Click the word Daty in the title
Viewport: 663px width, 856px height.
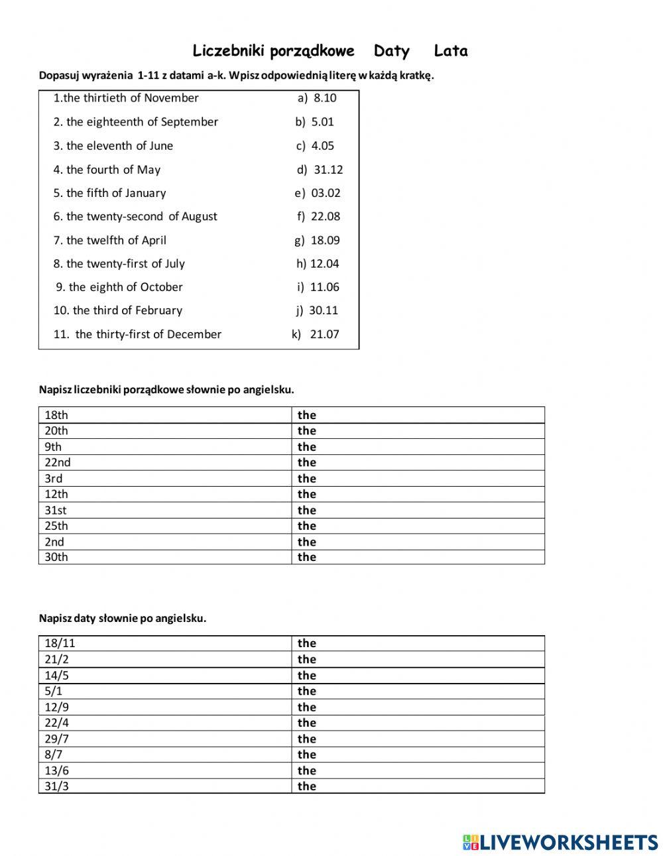click(x=391, y=51)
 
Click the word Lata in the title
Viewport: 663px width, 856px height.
click(x=451, y=51)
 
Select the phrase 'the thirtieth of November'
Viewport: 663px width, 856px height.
click(x=126, y=98)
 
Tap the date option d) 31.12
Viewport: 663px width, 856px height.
click(x=320, y=170)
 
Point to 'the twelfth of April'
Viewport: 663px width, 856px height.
click(x=110, y=240)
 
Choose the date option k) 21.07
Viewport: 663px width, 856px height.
click(x=316, y=334)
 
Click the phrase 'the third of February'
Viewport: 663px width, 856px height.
click(x=118, y=310)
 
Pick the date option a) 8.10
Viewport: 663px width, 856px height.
click(x=317, y=98)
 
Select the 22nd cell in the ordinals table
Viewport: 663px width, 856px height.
click(x=164, y=462)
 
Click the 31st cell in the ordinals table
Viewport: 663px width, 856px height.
click(x=164, y=510)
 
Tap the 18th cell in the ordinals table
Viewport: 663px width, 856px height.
click(x=164, y=415)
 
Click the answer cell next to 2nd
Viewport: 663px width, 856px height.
click(x=418, y=542)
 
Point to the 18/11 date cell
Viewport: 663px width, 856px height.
click(x=164, y=643)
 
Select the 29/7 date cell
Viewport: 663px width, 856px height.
click(x=164, y=739)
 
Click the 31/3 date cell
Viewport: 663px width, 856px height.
click(x=164, y=786)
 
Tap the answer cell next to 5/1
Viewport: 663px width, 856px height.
click(x=418, y=691)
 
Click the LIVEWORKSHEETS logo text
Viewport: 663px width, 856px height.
click(x=560, y=842)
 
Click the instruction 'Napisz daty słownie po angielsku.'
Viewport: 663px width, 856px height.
click(x=123, y=618)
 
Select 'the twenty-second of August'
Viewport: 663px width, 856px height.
click(x=135, y=217)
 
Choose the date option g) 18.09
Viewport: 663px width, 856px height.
click(x=317, y=240)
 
